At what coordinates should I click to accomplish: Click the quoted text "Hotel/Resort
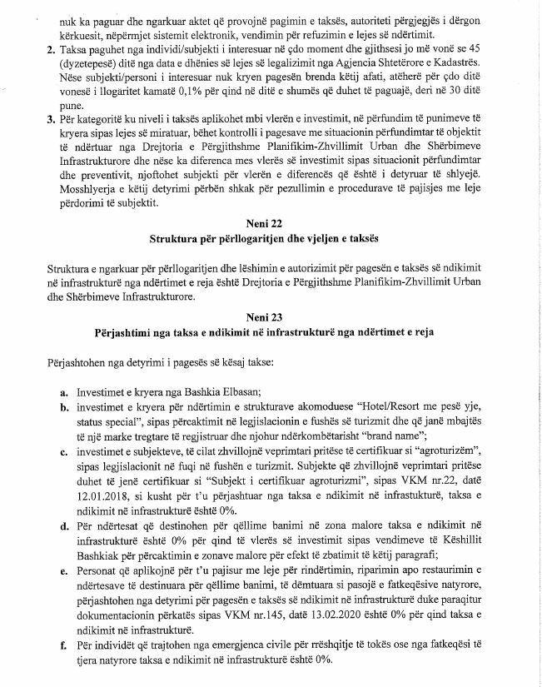click(x=413, y=408)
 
